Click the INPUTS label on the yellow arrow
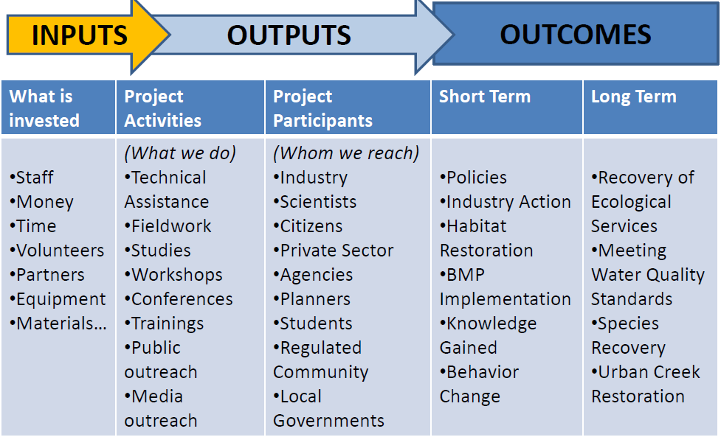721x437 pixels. point(80,35)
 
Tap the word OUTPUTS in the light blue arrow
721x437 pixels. point(289,35)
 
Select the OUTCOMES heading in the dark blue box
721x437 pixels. point(575,35)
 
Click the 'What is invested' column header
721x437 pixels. point(44,108)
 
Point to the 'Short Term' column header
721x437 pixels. point(485,97)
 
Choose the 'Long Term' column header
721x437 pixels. point(634,97)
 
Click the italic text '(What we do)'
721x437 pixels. point(180,153)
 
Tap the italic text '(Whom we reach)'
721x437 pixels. point(346,153)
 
